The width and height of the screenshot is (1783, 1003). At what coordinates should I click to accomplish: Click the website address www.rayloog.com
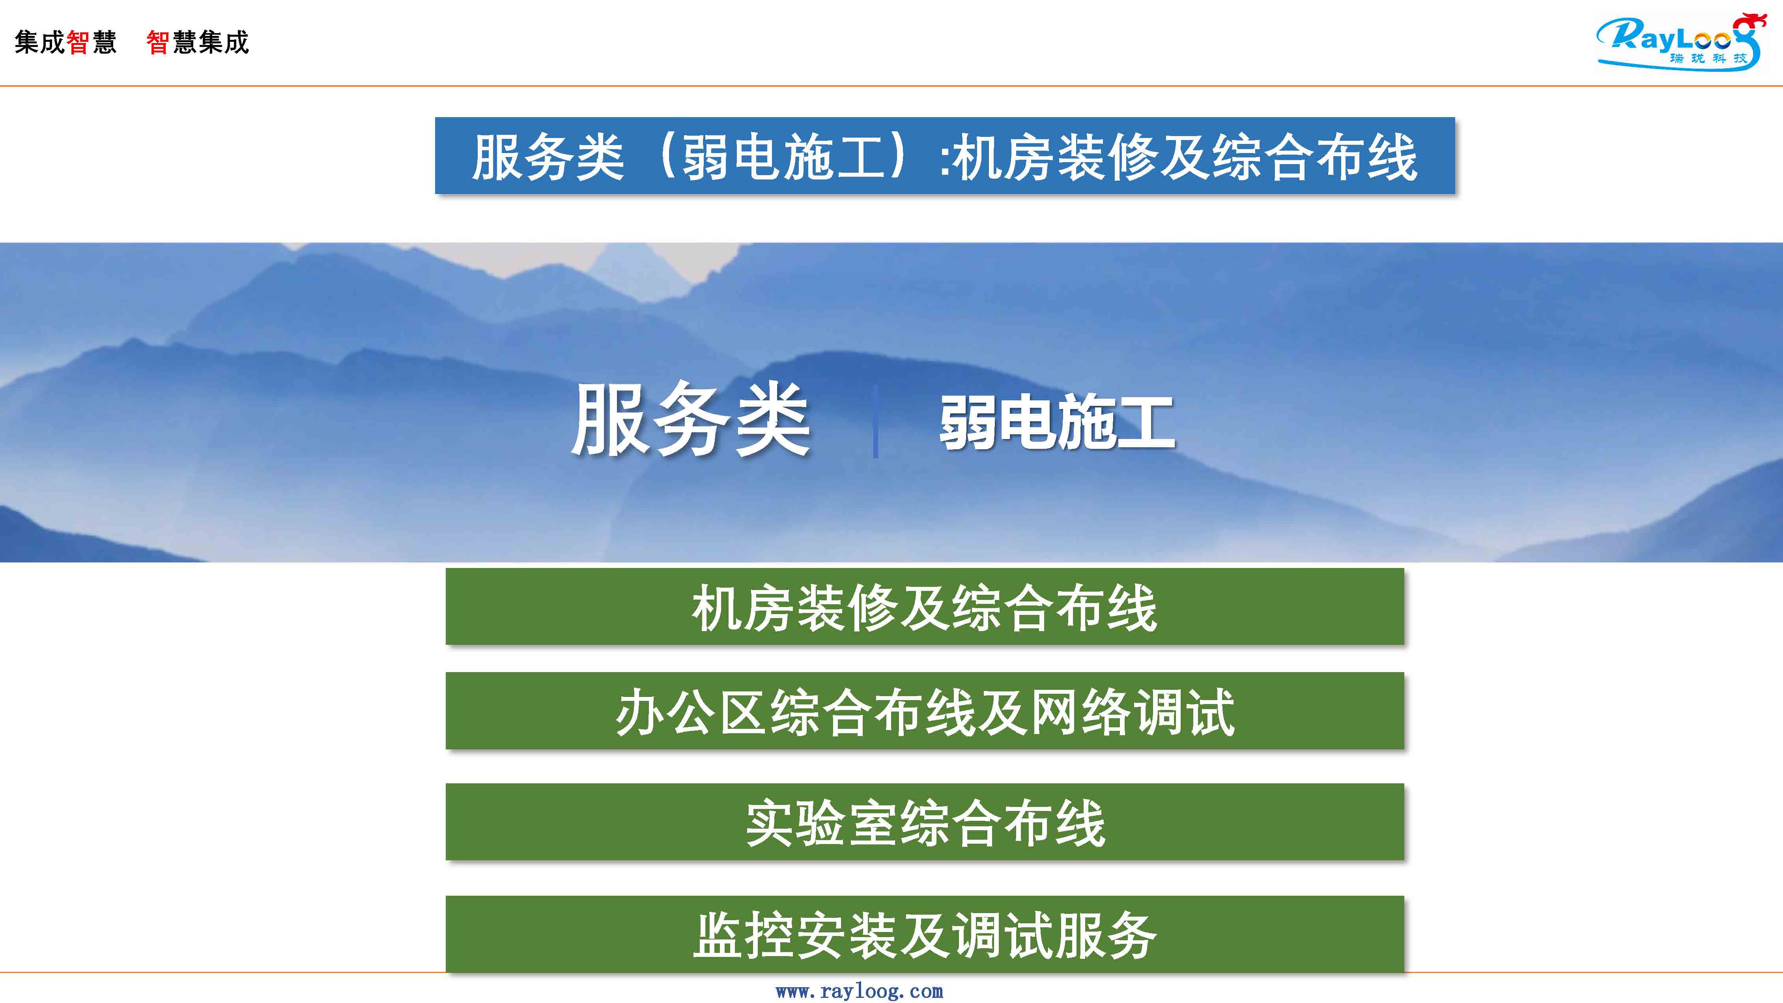(859, 991)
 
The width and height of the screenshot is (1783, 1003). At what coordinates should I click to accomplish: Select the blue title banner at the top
(945, 156)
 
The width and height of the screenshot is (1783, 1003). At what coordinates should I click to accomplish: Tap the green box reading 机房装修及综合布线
(925, 607)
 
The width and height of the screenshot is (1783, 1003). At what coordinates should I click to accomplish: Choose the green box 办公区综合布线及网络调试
(925, 711)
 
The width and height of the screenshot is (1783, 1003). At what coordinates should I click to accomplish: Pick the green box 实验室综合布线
(925, 822)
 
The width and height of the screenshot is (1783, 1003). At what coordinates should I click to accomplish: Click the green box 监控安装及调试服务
(925, 934)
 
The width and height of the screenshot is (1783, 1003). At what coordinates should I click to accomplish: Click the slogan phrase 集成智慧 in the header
(66, 42)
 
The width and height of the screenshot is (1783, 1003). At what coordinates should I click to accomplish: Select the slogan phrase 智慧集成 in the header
(197, 42)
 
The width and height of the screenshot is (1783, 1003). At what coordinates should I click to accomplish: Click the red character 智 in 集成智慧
(78, 42)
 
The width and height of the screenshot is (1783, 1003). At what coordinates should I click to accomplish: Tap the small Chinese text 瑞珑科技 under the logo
(1708, 58)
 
